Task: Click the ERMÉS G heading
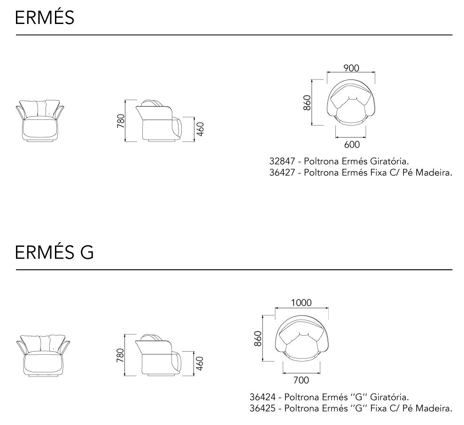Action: (54, 252)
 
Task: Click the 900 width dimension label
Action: (351, 68)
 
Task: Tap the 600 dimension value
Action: (352, 144)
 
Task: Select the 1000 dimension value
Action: (301, 303)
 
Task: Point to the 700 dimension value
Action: (301, 380)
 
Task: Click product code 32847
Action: (282, 161)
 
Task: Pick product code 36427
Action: (282, 173)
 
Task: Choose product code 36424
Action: (263, 397)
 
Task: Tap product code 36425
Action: (263, 408)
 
